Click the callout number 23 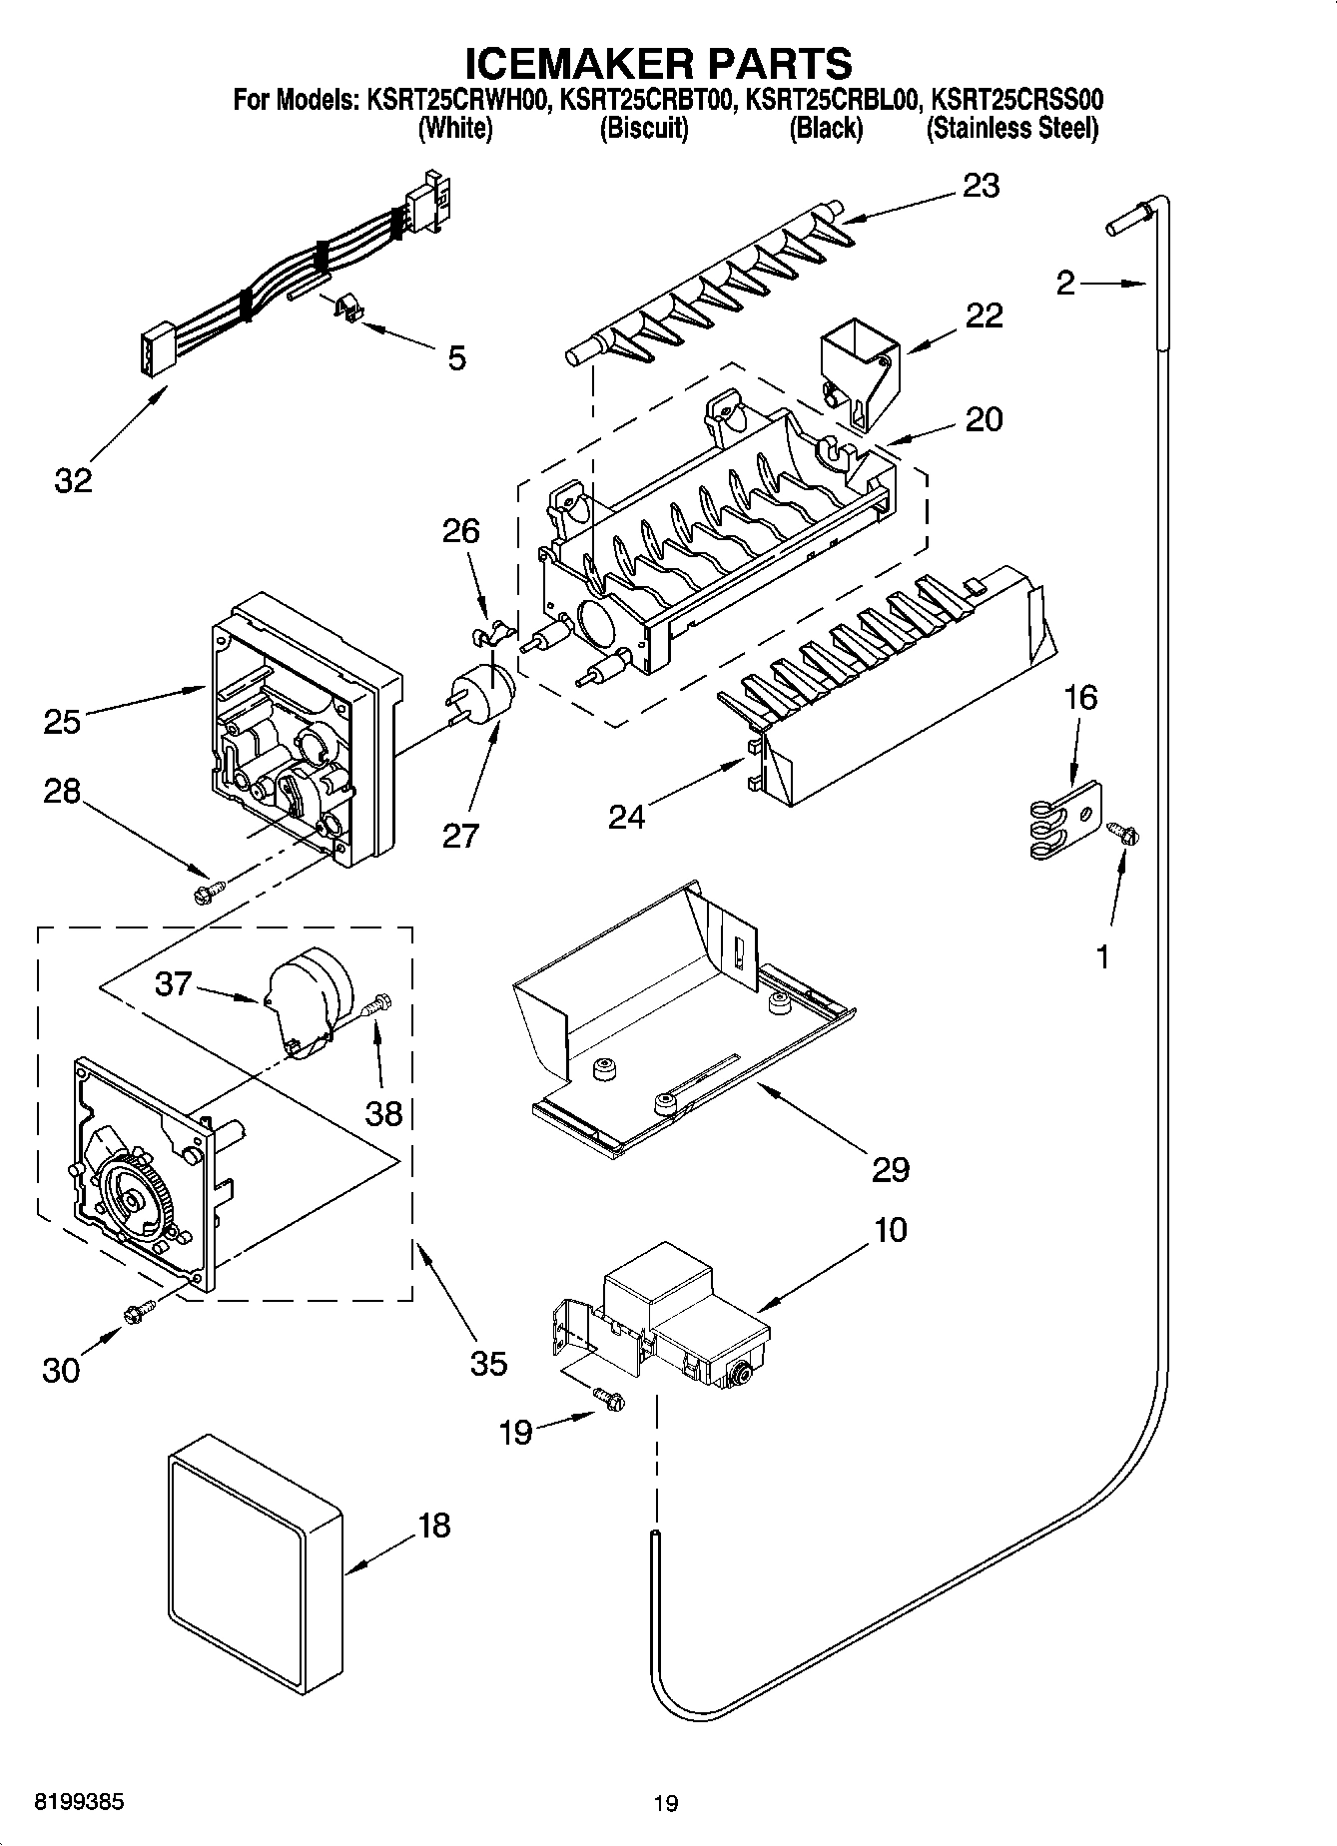coord(981,187)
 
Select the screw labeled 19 coord(607,1401)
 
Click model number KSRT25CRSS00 coord(1016,100)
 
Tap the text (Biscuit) coord(643,128)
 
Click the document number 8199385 coord(80,1802)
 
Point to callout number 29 coord(890,1168)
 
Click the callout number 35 coord(488,1362)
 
